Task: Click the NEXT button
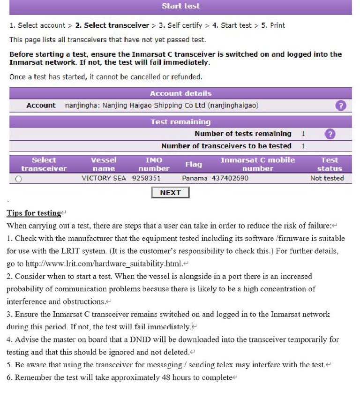(x=170, y=193)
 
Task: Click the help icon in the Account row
(x=341, y=106)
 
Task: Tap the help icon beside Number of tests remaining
(x=330, y=134)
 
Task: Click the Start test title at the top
(x=180, y=6)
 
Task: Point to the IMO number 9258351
(x=146, y=178)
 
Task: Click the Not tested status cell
(x=327, y=178)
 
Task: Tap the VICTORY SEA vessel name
(x=104, y=178)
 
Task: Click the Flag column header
(x=194, y=164)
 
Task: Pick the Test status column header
(x=330, y=164)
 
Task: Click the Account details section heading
(x=180, y=93)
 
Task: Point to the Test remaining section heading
(x=180, y=122)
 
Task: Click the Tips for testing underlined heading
(x=34, y=213)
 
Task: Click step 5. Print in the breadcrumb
(x=271, y=25)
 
